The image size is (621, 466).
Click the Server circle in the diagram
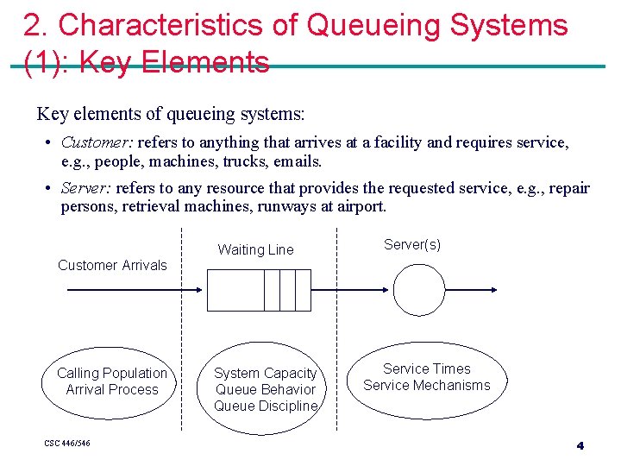[419, 289]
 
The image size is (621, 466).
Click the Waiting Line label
[255, 250]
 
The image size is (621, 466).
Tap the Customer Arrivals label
[112, 265]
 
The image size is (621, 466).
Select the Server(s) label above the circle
[412, 245]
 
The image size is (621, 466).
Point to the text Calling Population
[112, 373]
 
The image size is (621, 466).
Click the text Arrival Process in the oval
[112, 389]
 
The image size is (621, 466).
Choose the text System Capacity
[266, 373]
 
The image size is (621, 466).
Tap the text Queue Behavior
[266, 389]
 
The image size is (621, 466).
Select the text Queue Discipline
[266, 406]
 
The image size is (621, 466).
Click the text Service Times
[427, 368]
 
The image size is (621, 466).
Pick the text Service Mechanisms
[427, 385]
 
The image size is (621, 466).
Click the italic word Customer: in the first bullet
[97, 142]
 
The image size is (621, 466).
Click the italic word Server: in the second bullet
[86, 188]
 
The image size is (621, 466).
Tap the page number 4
[580, 445]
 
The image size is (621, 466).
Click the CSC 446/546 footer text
[67, 444]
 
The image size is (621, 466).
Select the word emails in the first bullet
[296, 161]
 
